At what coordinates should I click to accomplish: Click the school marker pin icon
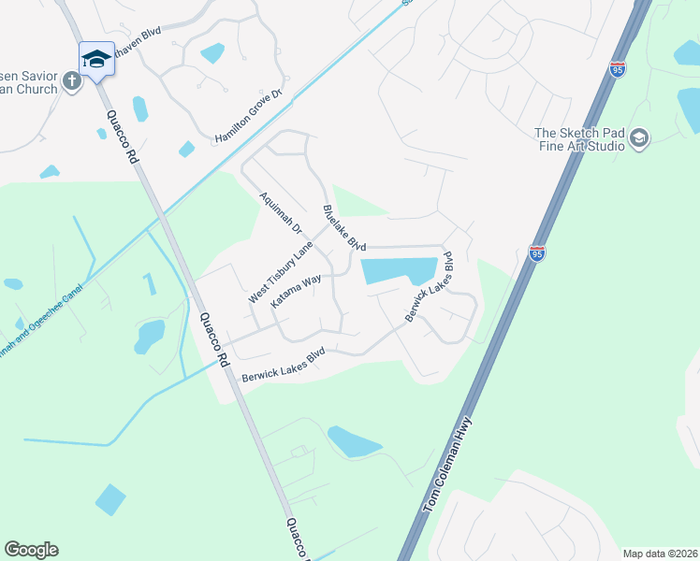(96, 59)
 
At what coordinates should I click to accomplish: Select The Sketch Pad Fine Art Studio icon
(639, 138)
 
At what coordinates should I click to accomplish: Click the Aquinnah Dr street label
(280, 213)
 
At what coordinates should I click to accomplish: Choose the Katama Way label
(296, 291)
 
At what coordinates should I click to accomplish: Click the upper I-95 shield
(617, 68)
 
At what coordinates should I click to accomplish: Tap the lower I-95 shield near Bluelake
(536, 253)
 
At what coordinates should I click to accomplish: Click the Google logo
(31, 550)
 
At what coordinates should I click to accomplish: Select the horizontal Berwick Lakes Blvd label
(283, 365)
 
